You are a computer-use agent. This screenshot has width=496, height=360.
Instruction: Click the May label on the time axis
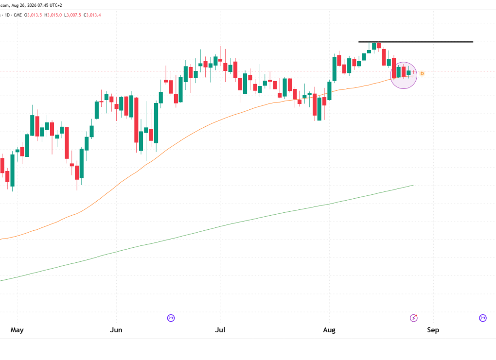[17, 330]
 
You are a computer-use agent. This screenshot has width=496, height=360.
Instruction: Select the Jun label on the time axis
[116, 330]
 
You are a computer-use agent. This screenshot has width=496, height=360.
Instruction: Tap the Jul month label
[220, 330]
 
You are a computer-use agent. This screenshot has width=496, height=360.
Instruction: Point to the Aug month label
[329, 330]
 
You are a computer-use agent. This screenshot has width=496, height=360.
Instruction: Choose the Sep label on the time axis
[433, 330]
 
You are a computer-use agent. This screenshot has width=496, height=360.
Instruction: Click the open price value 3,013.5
[35, 15]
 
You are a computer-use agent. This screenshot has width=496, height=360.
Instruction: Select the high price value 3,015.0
[54, 15]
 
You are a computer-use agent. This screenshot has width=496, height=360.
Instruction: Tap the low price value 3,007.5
[74, 15]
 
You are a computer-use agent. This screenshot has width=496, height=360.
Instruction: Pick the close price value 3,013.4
[94, 15]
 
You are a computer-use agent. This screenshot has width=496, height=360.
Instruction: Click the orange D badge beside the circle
[422, 74]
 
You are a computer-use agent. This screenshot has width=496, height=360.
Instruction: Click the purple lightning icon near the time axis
[414, 318]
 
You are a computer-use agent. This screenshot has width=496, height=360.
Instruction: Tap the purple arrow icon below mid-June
[171, 318]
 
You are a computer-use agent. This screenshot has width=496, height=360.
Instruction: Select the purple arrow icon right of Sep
[483, 318]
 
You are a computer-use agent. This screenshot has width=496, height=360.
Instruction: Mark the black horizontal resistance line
[416, 42]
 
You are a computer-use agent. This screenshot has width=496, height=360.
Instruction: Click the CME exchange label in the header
[18, 15]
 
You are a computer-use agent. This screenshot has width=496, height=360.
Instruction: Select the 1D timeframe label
[7, 15]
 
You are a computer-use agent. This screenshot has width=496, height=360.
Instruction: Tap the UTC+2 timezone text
[56, 5]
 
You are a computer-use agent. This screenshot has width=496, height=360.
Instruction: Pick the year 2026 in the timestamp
[32, 5]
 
